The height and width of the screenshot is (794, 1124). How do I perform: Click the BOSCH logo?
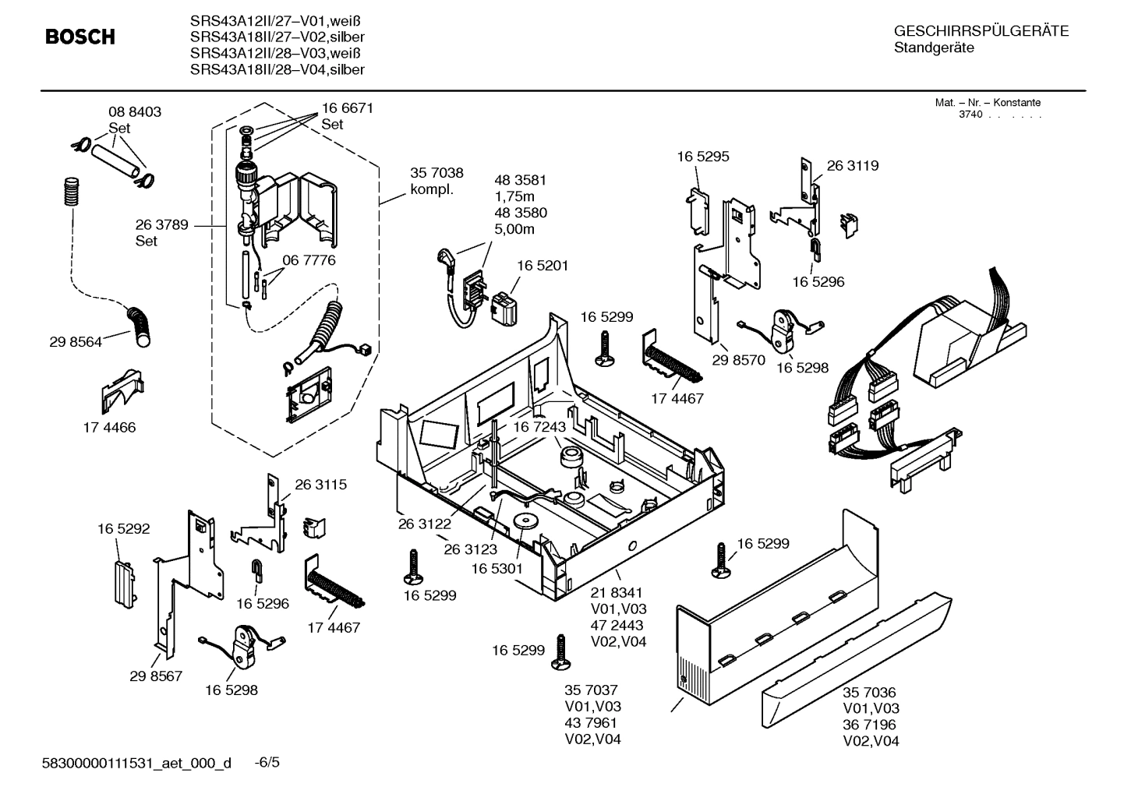[x=80, y=37]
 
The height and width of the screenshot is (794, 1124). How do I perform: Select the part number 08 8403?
[x=134, y=112]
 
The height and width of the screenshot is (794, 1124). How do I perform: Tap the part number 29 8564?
[x=75, y=341]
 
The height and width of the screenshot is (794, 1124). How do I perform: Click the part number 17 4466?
[x=109, y=427]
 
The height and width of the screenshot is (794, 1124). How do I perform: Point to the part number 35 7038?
[x=437, y=174]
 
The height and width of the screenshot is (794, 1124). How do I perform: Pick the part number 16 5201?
[x=543, y=266]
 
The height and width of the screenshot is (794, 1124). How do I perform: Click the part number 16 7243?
[x=539, y=427]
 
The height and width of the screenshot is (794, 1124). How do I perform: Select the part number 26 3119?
[x=852, y=165]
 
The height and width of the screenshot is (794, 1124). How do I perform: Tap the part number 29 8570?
[x=739, y=360]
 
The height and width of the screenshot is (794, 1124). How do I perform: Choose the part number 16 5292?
[x=123, y=529]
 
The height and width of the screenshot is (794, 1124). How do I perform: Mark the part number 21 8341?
[x=617, y=593]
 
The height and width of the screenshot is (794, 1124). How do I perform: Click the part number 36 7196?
[x=869, y=725]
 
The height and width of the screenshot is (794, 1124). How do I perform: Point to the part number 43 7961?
[x=592, y=722]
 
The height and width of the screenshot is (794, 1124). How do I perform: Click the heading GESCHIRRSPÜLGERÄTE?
[x=981, y=31]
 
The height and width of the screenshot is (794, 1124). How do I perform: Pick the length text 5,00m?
[x=514, y=229]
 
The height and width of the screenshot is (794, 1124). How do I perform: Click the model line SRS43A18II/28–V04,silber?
[x=277, y=69]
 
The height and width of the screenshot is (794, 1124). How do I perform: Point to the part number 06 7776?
[x=309, y=260]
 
